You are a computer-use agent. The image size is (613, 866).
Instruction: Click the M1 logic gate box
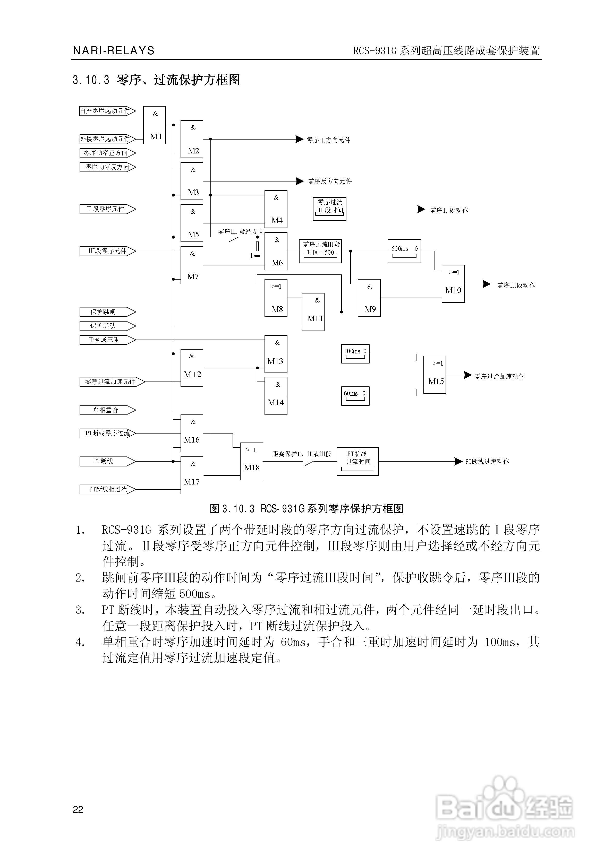pos(154,125)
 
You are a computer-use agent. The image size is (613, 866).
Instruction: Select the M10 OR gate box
pos(453,284)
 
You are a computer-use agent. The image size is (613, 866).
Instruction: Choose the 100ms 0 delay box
pos(355,353)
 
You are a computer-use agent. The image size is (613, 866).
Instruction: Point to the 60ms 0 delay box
pos(355,396)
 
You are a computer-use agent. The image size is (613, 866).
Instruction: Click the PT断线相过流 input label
pos(107,489)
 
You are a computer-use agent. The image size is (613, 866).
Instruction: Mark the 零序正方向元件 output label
pos(328,140)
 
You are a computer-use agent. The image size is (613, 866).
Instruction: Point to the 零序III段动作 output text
pos(516,285)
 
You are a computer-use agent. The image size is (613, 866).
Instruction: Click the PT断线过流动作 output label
pos(487,461)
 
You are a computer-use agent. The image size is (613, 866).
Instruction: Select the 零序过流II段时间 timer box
pos(329,209)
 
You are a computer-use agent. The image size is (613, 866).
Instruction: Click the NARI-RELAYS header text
pos(114,50)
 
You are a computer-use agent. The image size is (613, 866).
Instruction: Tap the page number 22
pos(78,809)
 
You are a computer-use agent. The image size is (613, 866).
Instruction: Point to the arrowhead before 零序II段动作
pos(421,209)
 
